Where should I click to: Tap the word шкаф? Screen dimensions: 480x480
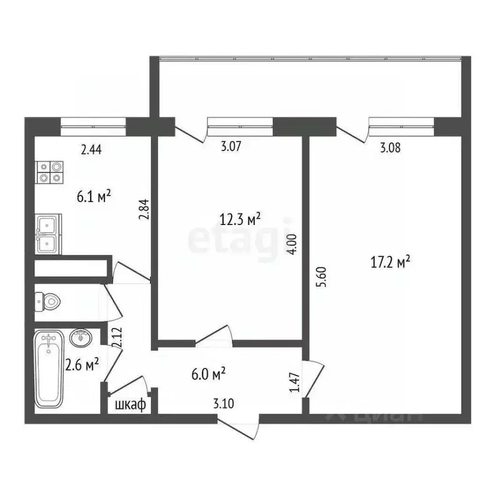(130, 404)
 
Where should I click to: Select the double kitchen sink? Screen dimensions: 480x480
(48, 234)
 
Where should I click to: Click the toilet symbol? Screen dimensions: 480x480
(50, 302)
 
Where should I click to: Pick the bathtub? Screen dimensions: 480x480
(49, 369)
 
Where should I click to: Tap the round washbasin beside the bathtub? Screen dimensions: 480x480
(81, 338)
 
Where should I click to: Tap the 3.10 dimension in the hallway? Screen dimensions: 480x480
(223, 404)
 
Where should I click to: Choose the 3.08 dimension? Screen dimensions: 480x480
(391, 148)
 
